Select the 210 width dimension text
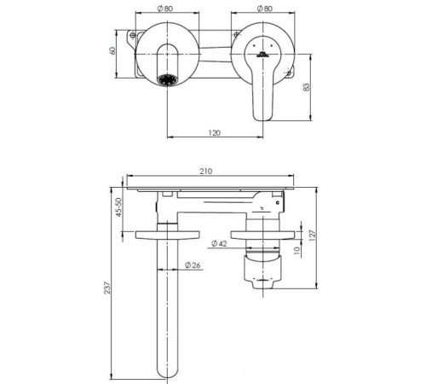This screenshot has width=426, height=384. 205,172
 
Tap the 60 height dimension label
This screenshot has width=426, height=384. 112,50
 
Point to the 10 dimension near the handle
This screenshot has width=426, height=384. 296,250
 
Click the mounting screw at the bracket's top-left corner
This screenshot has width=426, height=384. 131,36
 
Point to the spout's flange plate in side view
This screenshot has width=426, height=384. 167,234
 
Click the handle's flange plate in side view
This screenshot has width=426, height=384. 263,233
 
